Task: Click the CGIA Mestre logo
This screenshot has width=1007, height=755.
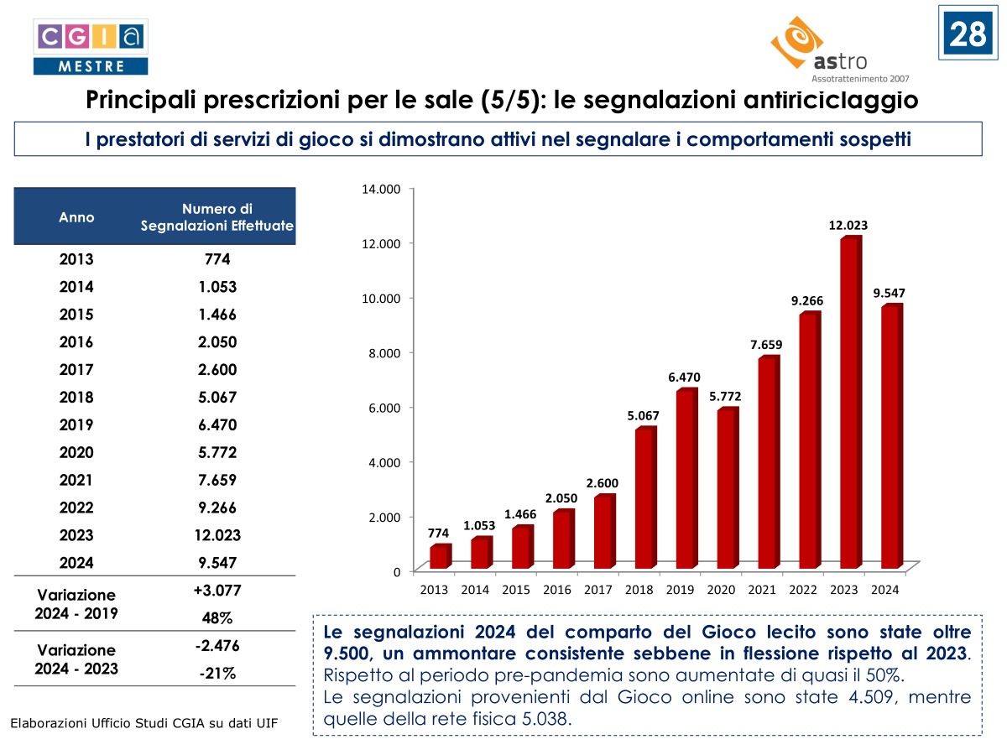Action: [90, 47]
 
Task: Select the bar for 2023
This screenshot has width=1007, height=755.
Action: [849, 403]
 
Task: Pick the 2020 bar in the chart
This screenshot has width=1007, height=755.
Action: [727, 487]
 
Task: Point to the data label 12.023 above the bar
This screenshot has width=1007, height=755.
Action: [848, 225]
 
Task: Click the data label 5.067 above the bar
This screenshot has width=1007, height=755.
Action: [643, 414]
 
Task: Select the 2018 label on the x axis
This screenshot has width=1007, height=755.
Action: [639, 590]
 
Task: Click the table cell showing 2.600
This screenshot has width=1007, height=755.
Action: [217, 369]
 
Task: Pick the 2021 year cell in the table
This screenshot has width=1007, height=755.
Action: [76, 480]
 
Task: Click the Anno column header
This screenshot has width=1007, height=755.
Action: [76, 217]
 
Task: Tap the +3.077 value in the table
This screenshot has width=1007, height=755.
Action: [217, 591]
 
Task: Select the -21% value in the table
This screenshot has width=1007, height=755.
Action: [217, 673]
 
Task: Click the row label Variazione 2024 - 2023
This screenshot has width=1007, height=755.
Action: [76, 659]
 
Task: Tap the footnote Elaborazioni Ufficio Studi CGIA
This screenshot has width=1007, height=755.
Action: [143, 723]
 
